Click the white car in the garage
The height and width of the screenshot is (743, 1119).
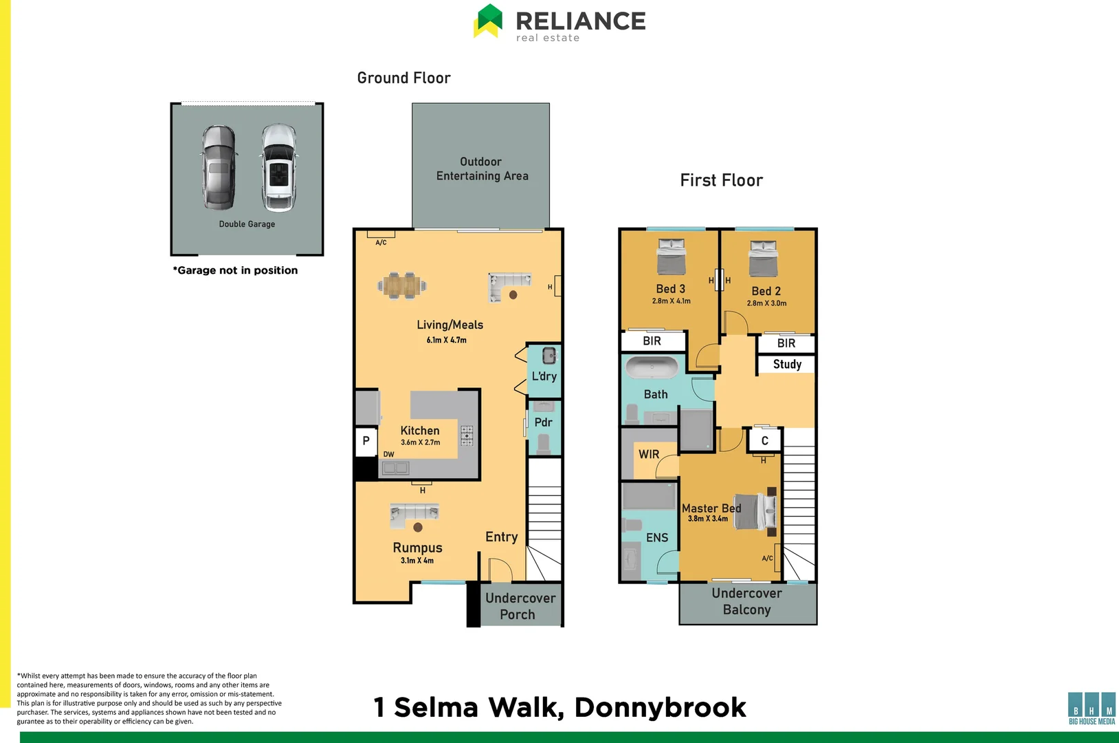point(278,167)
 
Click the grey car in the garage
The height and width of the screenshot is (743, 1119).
point(219,167)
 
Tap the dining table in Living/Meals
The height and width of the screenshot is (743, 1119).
point(401,286)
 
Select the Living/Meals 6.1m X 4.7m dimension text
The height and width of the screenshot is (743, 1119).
point(446,340)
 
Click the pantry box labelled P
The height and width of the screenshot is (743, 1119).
point(366,441)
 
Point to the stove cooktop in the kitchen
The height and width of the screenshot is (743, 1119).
point(467,435)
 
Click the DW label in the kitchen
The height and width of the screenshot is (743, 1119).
point(388,455)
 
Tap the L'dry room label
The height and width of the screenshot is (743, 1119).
point(544,376)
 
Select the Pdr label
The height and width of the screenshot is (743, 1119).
point(543,422)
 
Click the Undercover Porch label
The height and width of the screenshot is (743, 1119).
point(520,606)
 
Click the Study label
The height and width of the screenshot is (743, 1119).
point(787,364)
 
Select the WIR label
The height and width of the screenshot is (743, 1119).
point(649,454)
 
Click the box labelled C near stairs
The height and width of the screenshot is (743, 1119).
point(764,441)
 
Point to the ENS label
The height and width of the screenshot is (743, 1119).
point(656,537)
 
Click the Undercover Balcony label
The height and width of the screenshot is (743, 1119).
point(746,601)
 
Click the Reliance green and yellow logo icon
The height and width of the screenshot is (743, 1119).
point(488,21)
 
